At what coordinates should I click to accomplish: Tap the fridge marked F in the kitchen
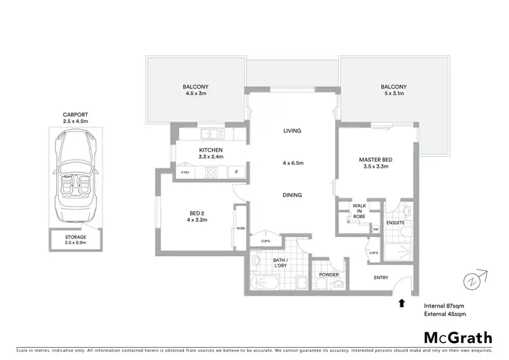tap(236, 173)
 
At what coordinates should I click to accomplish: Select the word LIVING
tap(292, 130)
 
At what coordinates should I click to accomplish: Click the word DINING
tap(292, 195)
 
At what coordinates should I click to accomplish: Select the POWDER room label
tap(329, 274)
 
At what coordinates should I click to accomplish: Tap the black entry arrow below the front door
tap(402, 304)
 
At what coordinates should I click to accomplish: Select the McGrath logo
tap(457, 337)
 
